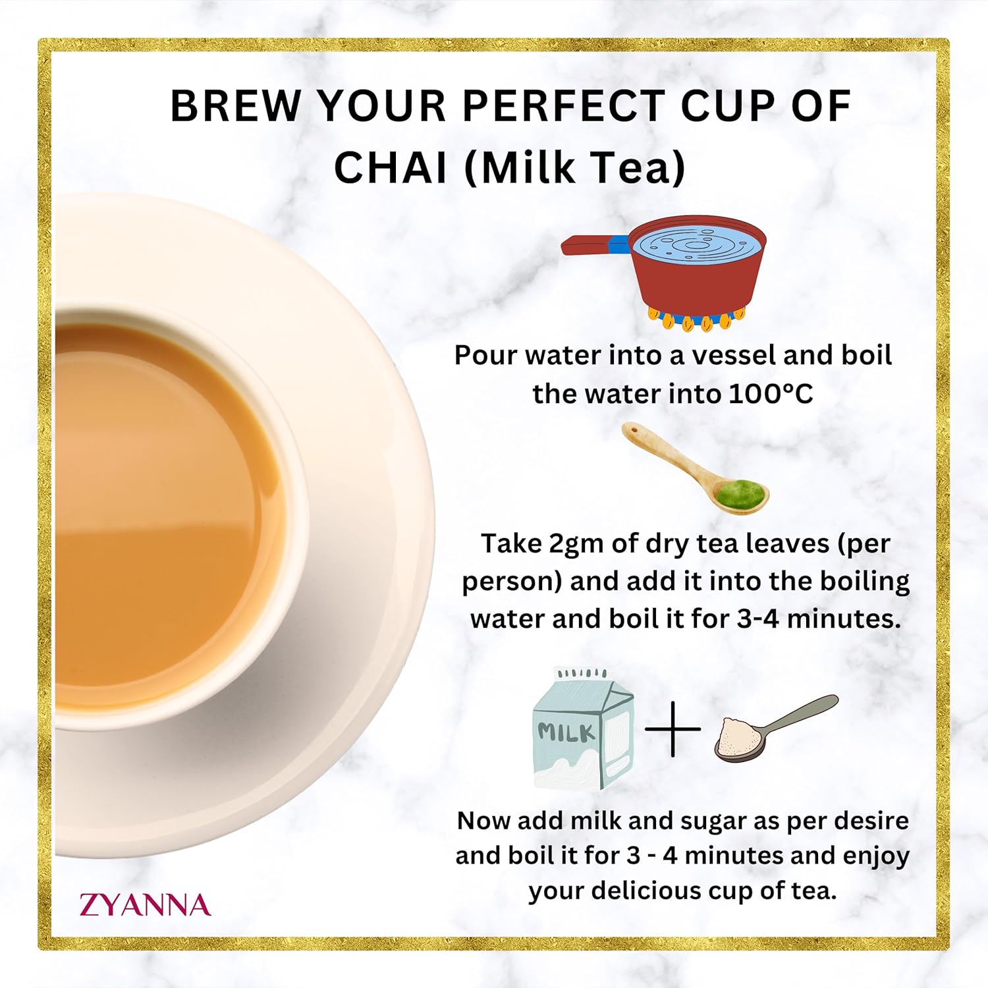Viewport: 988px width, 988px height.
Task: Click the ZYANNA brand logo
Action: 145,905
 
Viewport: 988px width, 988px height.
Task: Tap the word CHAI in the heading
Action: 391,167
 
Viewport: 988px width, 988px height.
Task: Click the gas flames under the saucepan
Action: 697,319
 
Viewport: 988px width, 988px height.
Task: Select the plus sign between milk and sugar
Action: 672,729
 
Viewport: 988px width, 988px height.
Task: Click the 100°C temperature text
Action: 771,394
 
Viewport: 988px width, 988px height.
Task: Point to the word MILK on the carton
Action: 566,732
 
